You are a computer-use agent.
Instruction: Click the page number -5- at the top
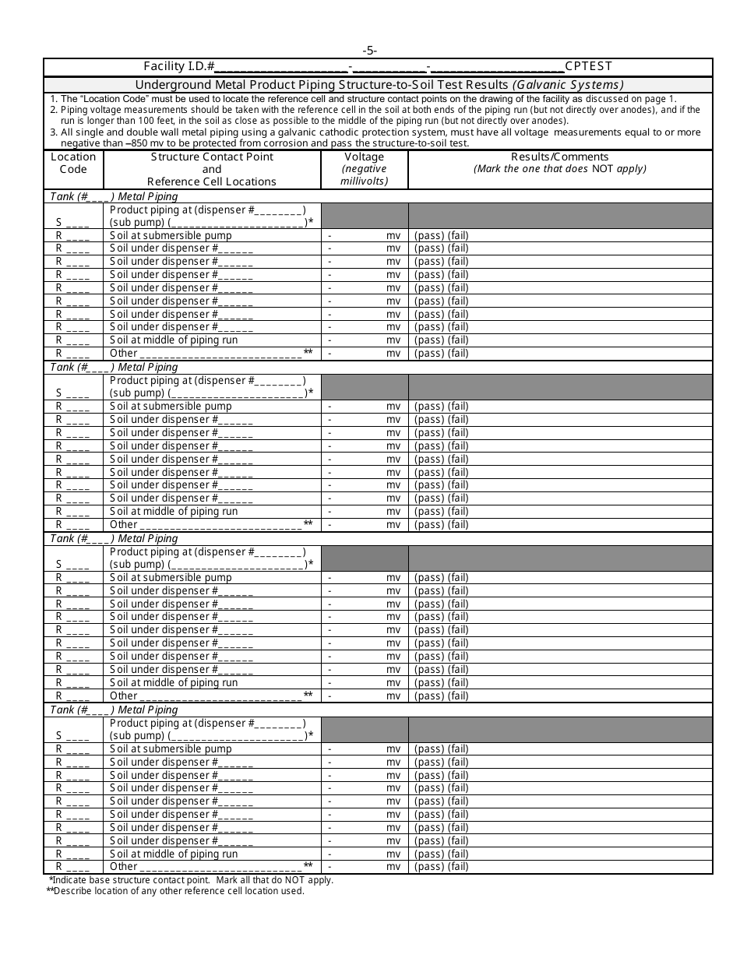(369, 51)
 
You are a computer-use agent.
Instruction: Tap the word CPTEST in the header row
(589, 66)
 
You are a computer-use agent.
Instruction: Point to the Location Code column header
(73, 163)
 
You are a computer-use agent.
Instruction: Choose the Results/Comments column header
(559, 157)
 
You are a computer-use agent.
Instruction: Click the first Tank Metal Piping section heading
(114, 196)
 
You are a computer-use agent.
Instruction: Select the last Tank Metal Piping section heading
(114, 710)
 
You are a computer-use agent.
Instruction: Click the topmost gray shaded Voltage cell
(364, 216)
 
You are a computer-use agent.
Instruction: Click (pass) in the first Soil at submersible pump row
(428, 235)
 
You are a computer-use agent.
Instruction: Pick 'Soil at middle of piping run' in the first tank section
(174, 340)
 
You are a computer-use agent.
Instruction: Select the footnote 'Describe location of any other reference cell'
(176, 891)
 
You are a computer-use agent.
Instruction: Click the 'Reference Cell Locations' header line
(212, 181)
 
